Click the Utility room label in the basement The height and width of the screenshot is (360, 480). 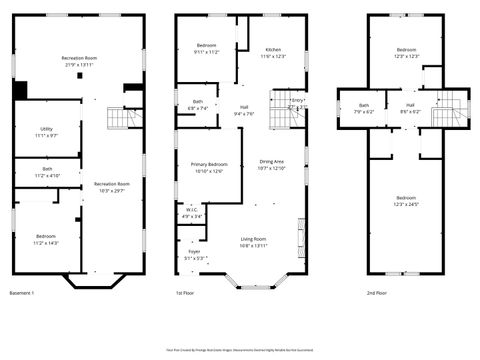pos(46,132)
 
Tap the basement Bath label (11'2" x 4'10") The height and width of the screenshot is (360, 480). pos(46,172)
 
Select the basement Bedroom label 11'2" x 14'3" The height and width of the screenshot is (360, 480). pos(46,240)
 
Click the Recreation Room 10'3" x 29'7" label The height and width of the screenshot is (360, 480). pos(112,187)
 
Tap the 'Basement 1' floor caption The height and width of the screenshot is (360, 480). pos(22,293)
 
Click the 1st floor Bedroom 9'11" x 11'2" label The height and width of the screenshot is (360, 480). pos(206,49)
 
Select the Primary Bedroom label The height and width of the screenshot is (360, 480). pos(203,167)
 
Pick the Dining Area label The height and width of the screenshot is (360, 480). pos(272,165)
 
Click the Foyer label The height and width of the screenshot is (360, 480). pos(194,255)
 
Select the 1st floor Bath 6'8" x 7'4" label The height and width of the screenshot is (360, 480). pos(197,105)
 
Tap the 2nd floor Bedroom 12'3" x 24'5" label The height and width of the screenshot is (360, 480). pos(405,201)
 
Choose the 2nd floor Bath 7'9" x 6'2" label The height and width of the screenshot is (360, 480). pos(364,108)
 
